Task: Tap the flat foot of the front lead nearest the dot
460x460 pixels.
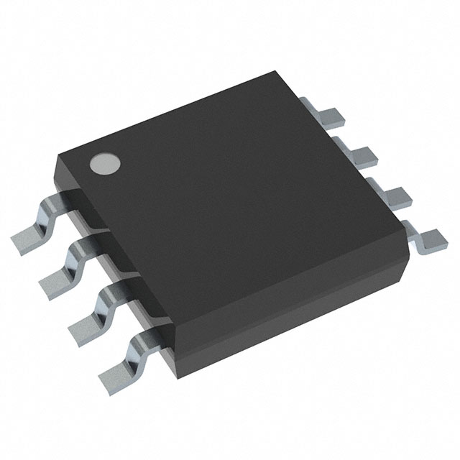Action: [x=27, y=235]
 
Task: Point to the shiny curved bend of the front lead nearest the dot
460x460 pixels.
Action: [x=52, y=204]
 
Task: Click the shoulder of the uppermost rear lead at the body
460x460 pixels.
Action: [x=308, y=106]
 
